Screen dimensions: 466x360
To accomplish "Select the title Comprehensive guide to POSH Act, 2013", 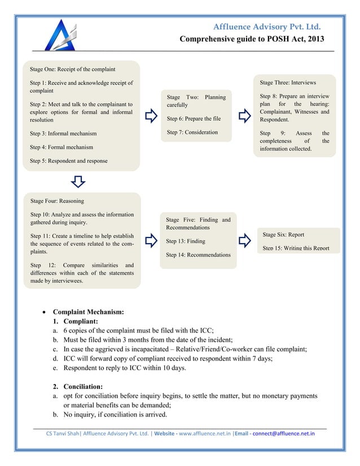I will [x=252, y=39].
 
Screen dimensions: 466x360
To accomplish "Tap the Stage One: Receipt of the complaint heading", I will [x=72, y=69].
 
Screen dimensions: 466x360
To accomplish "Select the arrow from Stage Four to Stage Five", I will [x=151, y=240].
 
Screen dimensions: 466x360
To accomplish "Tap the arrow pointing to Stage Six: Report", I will [x=244, y=240].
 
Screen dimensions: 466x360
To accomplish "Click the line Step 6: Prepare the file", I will [x=194, y=119].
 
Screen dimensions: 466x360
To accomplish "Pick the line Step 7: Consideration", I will [x=192, y=133].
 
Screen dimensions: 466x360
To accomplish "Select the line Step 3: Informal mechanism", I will [x=63, y=134].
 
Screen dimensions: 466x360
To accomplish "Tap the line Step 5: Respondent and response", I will [x=68, y=161].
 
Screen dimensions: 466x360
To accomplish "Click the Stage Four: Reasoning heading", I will [x=57, y=201].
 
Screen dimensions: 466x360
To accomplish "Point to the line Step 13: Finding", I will [x=185, y=241].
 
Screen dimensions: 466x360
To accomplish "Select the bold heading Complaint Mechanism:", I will [x=88, y=311].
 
